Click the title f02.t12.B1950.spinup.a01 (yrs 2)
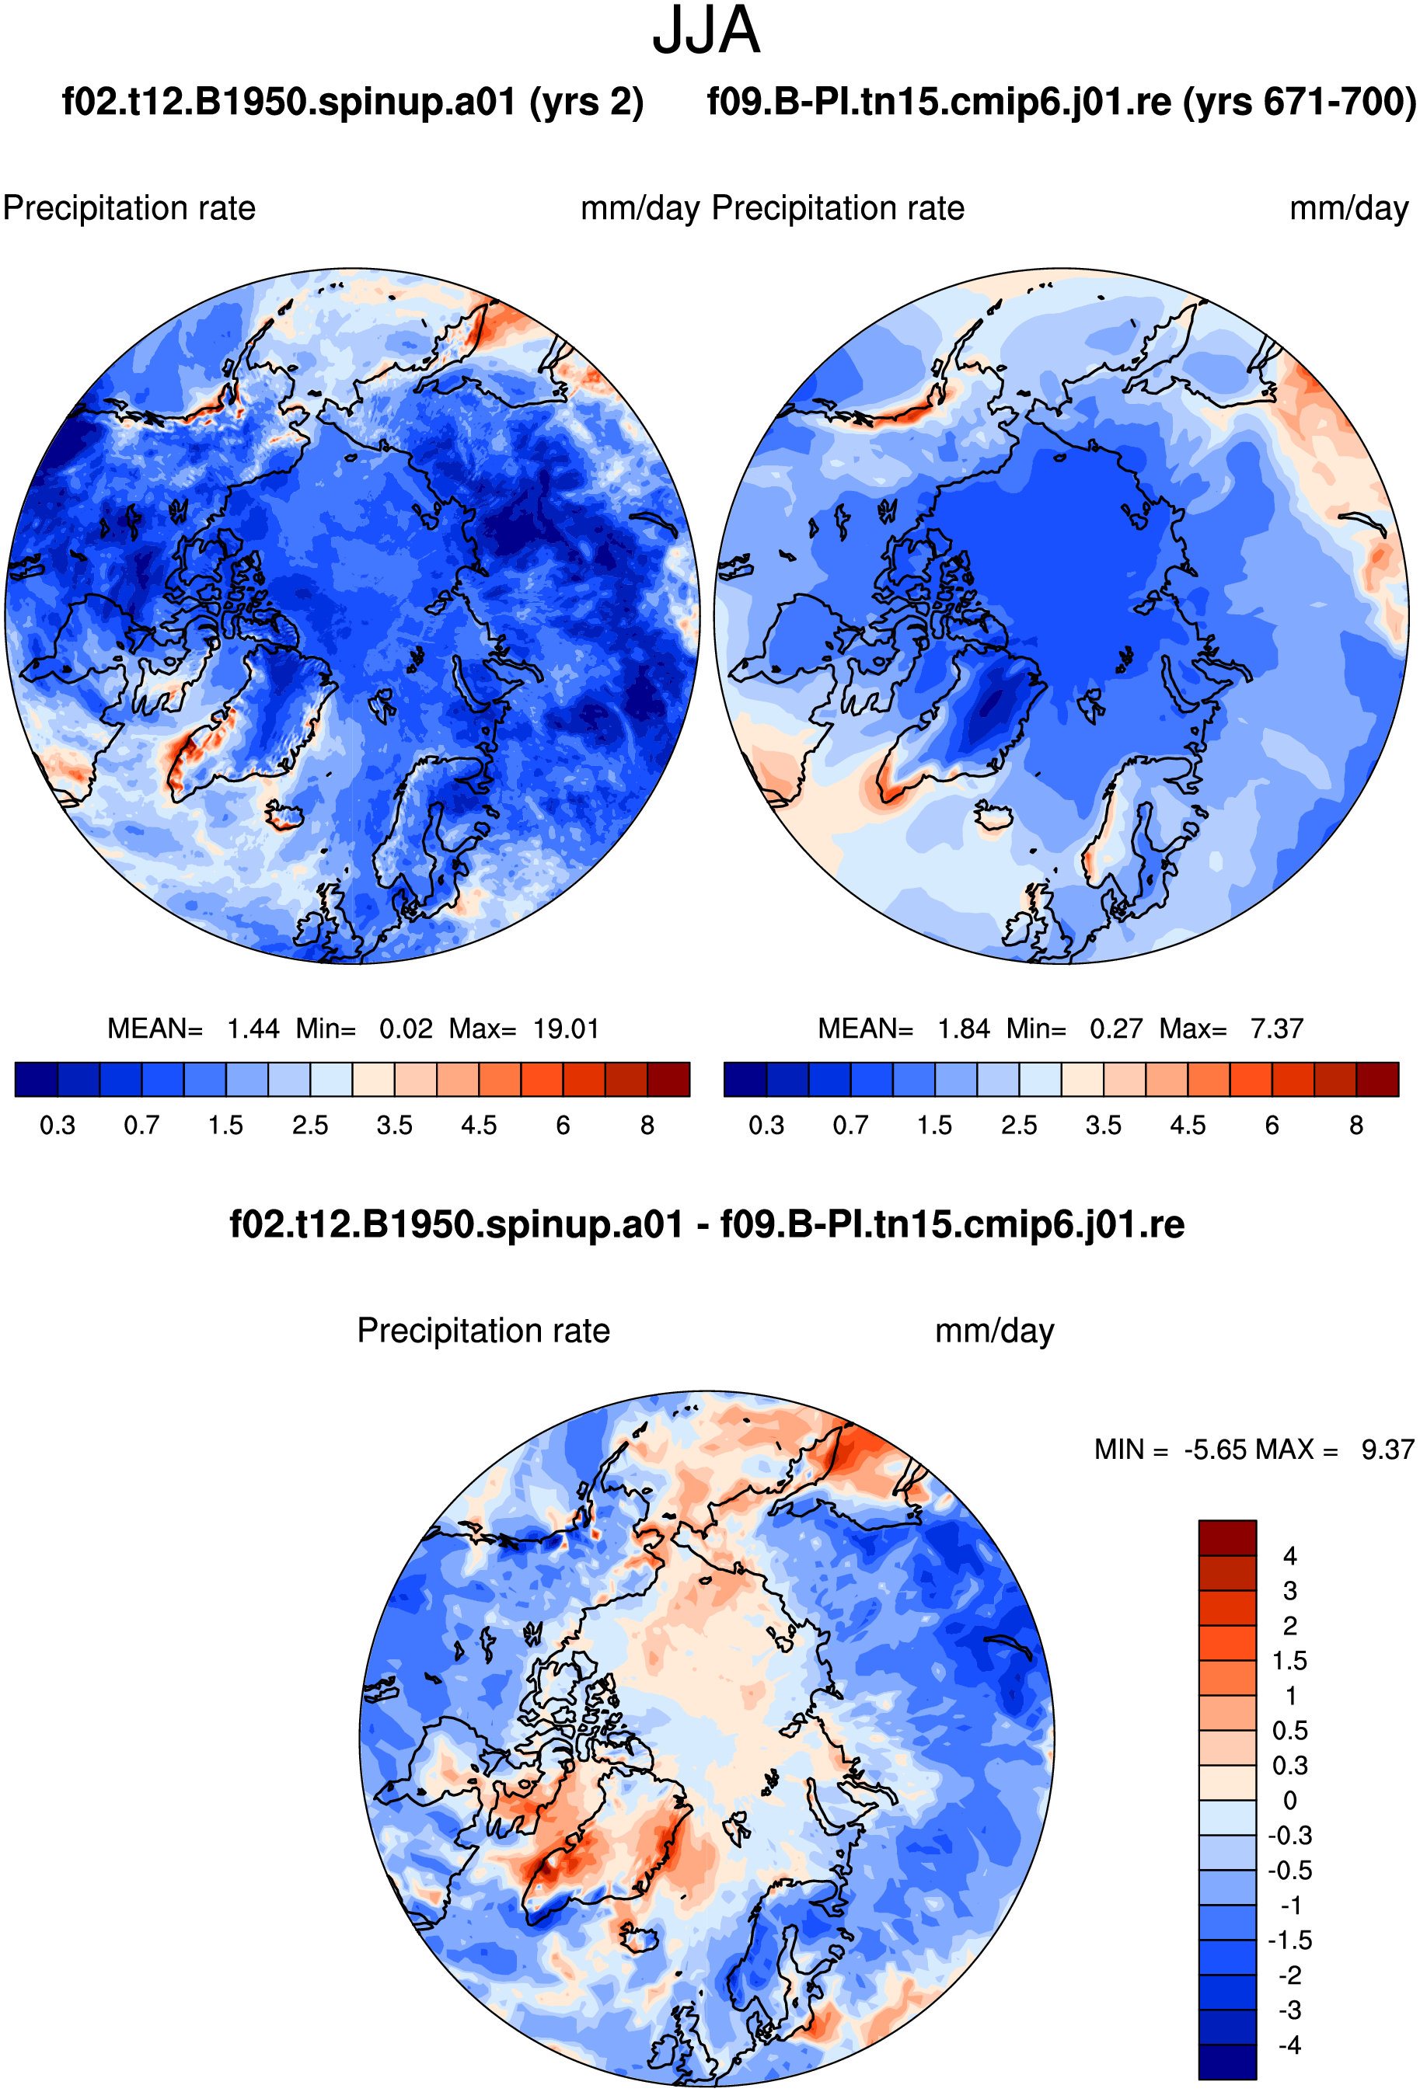[x=352, y=102]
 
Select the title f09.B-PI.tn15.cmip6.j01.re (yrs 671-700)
[x=1062, y=102]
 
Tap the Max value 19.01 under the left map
[x=566, y=1028]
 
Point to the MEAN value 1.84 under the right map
[x=964, y=1028]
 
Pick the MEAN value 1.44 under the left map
[x=253, y=1028]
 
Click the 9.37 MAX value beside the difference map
[x=1387, y=1450]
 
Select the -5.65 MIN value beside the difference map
[x=1215, y=1450]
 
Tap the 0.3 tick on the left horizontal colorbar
[x=58, y=1125]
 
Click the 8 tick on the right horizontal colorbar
[x=1356, y=1125]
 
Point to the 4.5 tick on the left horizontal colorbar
[x=478, y=1125]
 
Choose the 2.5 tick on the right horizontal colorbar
[x=1019, y=1125]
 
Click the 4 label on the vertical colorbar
[x=1289, y=1555]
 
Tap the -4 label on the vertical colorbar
[x=1289, y=2045]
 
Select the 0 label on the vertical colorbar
[x=1289, y=1801]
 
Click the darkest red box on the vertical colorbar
[x=1226, y=1537]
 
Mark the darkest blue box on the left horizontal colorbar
[x=36, y=1079]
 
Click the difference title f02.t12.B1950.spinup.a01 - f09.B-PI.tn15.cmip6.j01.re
[x=707, y=1224]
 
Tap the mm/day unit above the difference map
[x=994, y=1331]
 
